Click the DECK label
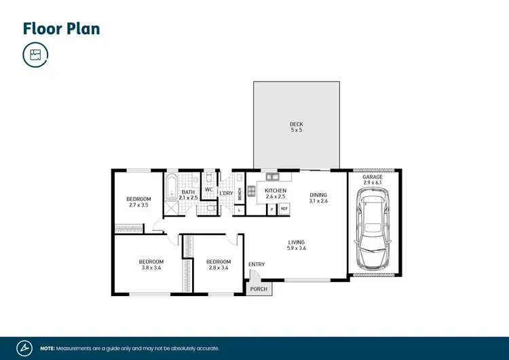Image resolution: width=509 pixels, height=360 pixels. pyautogui.click(x=296, y=124)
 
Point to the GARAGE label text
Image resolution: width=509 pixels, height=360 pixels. pyautogui.click(x=373, y=177)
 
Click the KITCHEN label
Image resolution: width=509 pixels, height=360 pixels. pyautogui.click(x=276, y=191)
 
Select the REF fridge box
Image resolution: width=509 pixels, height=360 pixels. pyautogui.click(x=284, y=209)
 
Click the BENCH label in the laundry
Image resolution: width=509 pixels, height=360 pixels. pyautogui.click(x=240, y=193)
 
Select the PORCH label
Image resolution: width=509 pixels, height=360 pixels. pyautogui.click(x=259, y=289)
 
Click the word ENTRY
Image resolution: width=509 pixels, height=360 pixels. pyautogui.click(x=257, y=264)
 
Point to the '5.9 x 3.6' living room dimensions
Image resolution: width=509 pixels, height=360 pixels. pyautogui.click(x=296, y=249)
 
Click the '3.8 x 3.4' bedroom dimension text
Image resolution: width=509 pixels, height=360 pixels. pyautogui.click(x=151, y=268)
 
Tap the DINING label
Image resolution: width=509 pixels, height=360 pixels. pyautogui.click(x=318, y=194)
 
